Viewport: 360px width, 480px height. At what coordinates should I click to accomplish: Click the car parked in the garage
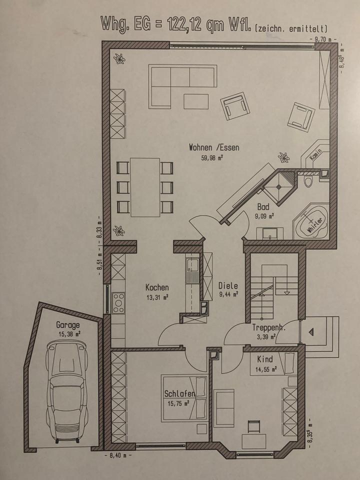(66, 392)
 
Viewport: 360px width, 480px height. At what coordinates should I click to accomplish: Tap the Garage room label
(67, 325)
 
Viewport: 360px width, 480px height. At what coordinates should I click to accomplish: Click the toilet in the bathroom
(307, 182)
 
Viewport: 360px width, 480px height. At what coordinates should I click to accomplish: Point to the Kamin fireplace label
(315, 154)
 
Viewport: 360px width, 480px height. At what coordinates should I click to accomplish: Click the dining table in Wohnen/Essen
(145, 187)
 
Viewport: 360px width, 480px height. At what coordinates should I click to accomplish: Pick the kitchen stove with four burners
(118, 303)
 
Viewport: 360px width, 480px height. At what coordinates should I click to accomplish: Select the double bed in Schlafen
(184, 397)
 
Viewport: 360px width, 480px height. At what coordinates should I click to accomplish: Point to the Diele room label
(228, 285)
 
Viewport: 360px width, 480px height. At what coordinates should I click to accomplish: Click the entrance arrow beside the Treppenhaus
(311, 332)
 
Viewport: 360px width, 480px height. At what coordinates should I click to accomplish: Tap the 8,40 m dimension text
(118, 455)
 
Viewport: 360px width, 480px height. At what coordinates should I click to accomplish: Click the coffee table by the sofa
(196, 101)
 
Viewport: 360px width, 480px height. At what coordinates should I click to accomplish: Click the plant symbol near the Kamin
(283, 157)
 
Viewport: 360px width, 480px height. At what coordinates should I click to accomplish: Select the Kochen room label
(156, 287)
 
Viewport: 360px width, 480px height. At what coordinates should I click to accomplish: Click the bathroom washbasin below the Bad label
(270, 233)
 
